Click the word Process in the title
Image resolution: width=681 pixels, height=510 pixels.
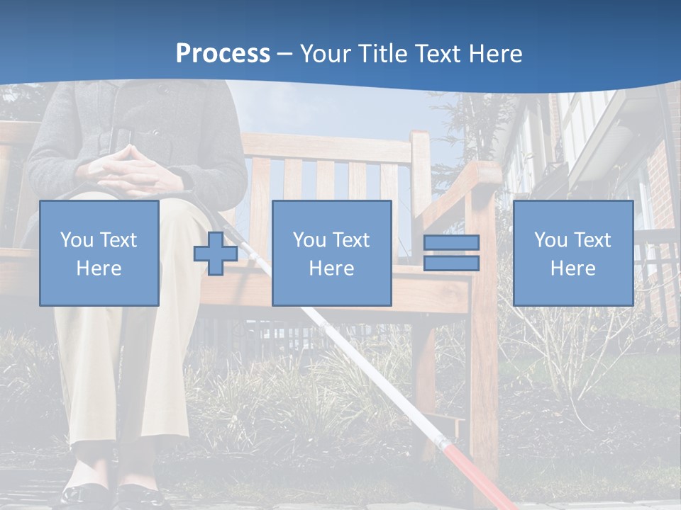(x=223, y=53)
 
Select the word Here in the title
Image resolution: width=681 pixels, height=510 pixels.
(x=492, y=53)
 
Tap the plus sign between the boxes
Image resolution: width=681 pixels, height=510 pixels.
(x=216, y=253)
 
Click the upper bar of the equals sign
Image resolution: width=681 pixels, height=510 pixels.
(x=451, y=242)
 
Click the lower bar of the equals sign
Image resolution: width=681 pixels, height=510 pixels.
(x=451, y=263)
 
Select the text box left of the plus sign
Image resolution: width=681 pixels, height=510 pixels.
(x=99, y=253)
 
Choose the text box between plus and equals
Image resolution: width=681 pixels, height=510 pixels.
(x=331, y=253)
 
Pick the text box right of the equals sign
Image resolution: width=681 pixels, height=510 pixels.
(x=572, y=253)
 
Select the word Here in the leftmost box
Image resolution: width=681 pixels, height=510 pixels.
(x=99, y=268)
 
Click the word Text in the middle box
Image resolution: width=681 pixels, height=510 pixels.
(x=350, y=240)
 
